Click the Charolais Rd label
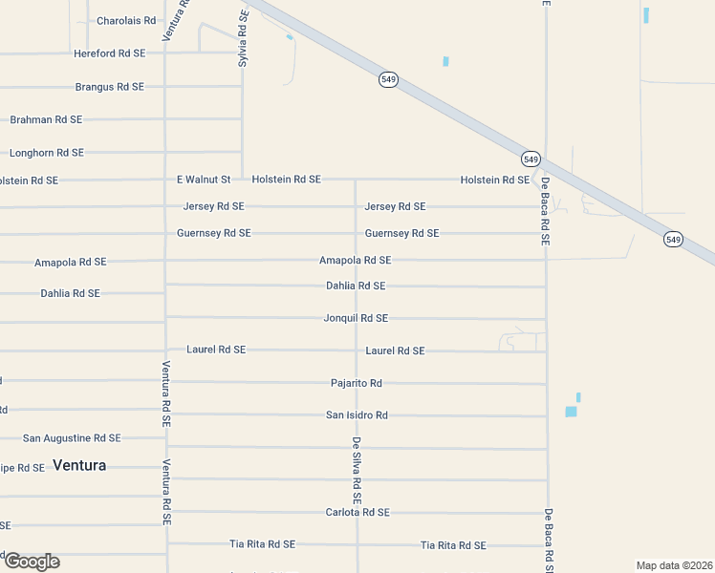pos(126,20)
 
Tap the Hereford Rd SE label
pos(109,53)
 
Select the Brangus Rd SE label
pos(109,87)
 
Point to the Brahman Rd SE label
pos(46,120)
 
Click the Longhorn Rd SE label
pos(46,153)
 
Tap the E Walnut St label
pos(204,180)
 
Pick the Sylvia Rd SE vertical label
pos(243,38)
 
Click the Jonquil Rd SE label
pos(356,318)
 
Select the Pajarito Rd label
pos(356,383)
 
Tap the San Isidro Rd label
pos(357,415)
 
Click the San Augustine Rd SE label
pos(72,438)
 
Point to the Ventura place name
pos(79,466)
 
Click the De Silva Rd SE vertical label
pos(356,470)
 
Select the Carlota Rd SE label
pos(357,513)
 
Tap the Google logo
pos(32,562)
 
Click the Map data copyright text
pos(673,565)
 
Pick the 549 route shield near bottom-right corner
pos(674,240)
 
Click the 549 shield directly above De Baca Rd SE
pos(531,158)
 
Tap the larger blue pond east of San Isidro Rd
pos(571,412)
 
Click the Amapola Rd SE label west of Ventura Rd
pos(70,262)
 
